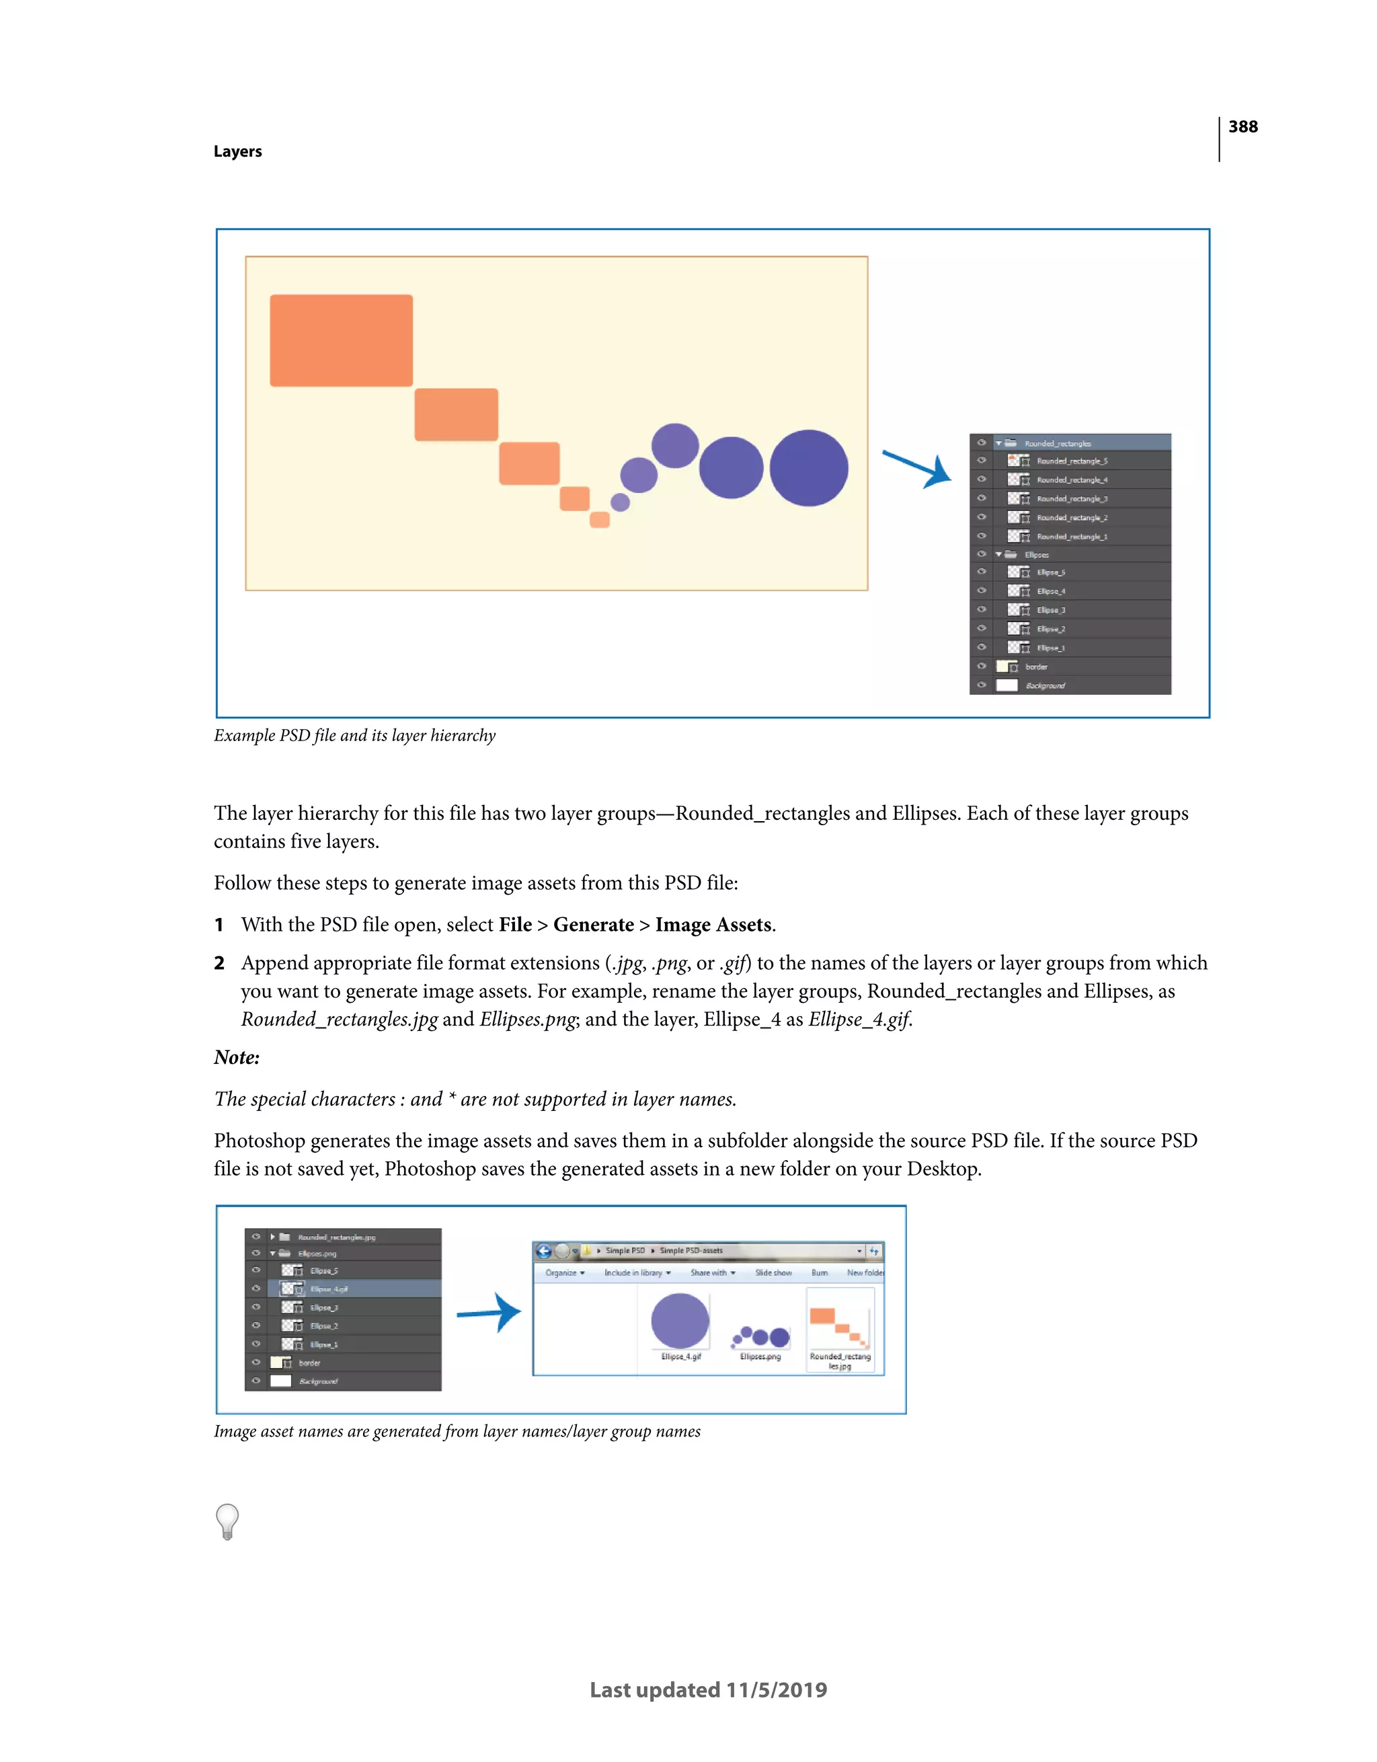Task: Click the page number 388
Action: click(1243, 126)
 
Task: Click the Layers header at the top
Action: click(237, 152)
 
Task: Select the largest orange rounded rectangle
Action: click(342, 340)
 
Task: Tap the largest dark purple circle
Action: click(808, 468)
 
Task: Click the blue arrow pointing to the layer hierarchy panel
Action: click(918, 469)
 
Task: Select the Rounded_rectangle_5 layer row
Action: click(1071, 461)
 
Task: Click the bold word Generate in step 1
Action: click(593, 925)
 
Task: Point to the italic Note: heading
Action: click(237, 1058)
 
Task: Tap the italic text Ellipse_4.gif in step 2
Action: click(860, 1020)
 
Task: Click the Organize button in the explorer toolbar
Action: click(564, 1272)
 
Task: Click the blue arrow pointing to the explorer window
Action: click(489, 1313)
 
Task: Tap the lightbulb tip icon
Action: click(227, 1522)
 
